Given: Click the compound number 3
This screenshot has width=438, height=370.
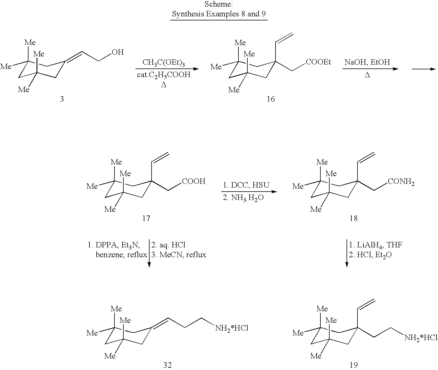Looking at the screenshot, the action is pyautogui.click(x=62, y=99).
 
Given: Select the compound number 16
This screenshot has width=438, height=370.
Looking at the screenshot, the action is pyautogui.click(x=271, y=99).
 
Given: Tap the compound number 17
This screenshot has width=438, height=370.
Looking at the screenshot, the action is pyautogui.click(x=146, y=218).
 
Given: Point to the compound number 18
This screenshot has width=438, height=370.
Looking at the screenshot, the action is pyautogui.click(x=353, y=218).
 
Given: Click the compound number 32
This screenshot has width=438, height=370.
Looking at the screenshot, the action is pyautogui.click(x=167, y=365).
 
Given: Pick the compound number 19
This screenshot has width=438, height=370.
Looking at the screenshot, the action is pyautogui.click(x=353, y=365).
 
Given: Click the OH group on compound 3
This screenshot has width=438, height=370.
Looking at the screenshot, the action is pyautogui.click(x=118, y=52).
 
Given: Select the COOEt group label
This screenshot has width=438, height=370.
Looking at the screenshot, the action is pyautogui.click(x=318, y=62).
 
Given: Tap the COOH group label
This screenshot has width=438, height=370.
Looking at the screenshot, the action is pyautogui.click(x=194, y=181).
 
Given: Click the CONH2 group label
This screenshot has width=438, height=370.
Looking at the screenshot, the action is pyautogui.click(x=401, y=182).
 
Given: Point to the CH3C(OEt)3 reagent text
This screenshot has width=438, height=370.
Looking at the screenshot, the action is pyautogui.click(x=164, y=62).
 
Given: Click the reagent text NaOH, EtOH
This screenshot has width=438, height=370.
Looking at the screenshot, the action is pyautogui.click(x=367, y=62).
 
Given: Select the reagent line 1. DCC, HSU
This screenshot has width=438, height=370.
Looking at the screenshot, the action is pyautogui.click(x=246, y=185).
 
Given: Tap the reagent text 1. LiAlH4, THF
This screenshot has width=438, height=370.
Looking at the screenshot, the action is pyautogui.click(x=376, y=245).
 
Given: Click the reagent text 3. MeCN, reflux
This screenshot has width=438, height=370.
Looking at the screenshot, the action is pyautogui.click(x=179, y=255).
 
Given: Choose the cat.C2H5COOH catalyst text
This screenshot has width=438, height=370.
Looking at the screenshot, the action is pyautogui.click(x=164, y=75).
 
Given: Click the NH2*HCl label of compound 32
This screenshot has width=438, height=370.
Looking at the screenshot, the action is pyautogui.click(x=232, y=328).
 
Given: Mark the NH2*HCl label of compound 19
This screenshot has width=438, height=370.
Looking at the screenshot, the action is pyautogui.click(x=421, y=338).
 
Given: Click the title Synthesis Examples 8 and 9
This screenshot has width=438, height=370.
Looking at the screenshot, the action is pyautogui.click(x=219, y=14).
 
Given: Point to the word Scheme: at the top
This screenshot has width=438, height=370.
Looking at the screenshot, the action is pyautogui.click(x=219, y=4).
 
